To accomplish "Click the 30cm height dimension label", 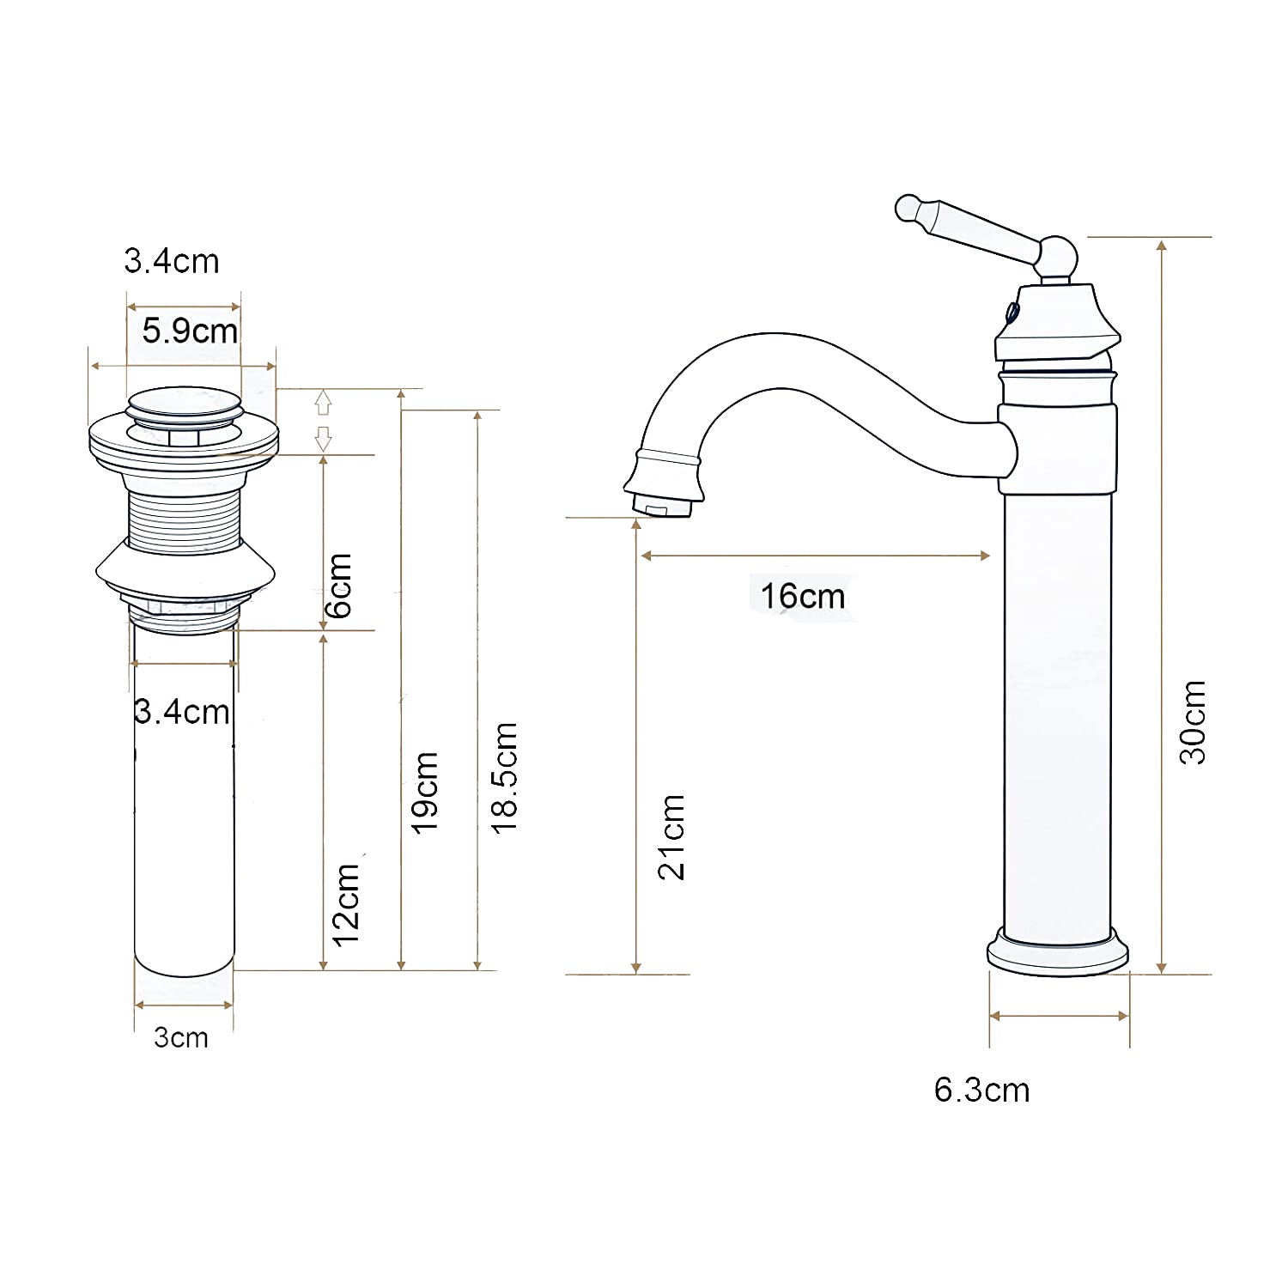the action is (1193, 722).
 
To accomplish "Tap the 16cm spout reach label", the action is (803, 595).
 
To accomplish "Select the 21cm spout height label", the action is (671, 836).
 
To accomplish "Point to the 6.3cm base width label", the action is (981, 1090).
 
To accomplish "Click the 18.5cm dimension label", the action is (504, 777).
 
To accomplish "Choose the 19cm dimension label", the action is (425, 792).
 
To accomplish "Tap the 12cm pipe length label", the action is (345, 905).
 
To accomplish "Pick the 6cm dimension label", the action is (338, 586).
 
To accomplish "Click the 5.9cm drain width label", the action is (190, 331).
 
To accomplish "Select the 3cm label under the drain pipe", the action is (181, 1037).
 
